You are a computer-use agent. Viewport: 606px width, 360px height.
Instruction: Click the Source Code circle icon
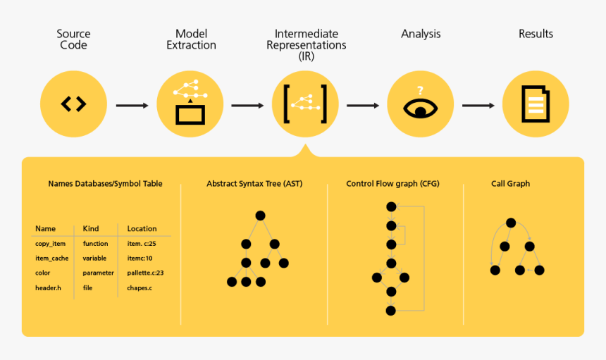(73, 104)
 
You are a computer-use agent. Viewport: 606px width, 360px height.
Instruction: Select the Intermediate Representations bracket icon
(304, 104)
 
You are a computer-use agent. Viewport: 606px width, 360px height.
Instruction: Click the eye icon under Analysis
(420, 104)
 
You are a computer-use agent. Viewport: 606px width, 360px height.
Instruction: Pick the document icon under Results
(536, 104)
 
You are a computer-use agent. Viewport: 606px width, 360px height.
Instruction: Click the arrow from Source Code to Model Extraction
(132, 106)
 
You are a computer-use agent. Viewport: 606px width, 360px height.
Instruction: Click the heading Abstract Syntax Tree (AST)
(254, 184)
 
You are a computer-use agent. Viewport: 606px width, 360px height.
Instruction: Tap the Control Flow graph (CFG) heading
(392, 184)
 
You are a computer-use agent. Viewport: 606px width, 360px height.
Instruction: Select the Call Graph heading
(510, 184)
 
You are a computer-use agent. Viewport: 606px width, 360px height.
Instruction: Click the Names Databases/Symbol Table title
(105, 184)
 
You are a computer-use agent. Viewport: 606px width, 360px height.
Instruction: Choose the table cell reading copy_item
(50, 244)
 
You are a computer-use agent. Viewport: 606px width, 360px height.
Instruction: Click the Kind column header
(90, 229)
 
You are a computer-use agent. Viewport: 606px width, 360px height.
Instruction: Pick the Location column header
(142, 229)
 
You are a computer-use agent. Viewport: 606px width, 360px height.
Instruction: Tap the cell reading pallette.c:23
(145, 273)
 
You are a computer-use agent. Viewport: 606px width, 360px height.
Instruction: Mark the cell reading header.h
(48, 287)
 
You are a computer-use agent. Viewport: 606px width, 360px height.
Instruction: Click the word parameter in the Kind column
(98, 273)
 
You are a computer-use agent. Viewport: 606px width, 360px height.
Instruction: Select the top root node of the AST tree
(260, 215)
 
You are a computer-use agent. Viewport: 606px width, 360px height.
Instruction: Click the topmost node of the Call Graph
(512, 223)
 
